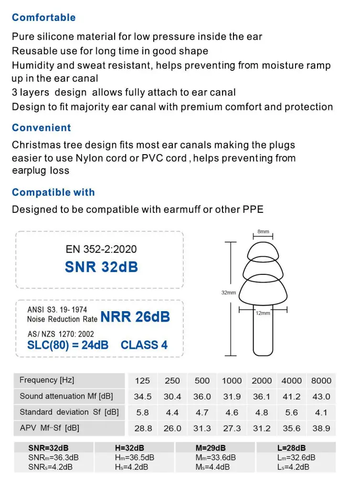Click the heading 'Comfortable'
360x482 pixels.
pos(43,18)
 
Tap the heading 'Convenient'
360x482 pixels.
pos(41,128)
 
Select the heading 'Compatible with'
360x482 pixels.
pos(53,192)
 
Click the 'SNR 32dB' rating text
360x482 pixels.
pos(101,267)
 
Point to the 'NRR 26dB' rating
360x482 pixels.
pos(135,316)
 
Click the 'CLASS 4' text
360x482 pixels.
pos(144,345)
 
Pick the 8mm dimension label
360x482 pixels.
pos(263,231)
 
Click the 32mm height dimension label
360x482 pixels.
pos(228,293)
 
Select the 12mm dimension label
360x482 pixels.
pos(263,313)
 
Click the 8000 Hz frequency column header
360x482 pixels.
pos(321,381)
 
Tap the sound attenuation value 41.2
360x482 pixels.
pos(291,397)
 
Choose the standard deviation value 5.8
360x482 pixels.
pos(142,412)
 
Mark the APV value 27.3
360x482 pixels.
pos(232,429)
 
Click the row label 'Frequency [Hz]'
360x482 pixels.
pos(47,380)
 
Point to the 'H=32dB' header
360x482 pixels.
pos(129,448)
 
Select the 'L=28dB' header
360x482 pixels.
pos(291,448)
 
